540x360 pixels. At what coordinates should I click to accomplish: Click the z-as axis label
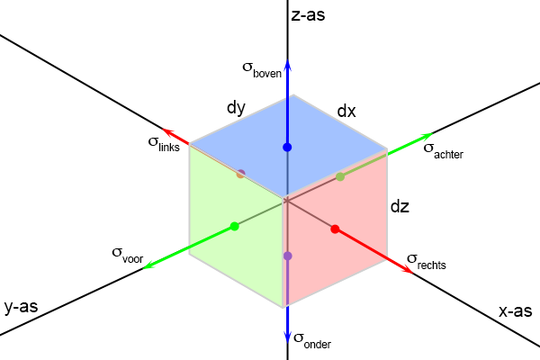(x=308, y=15)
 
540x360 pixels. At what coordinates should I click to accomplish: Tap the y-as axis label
(x=21, y=307)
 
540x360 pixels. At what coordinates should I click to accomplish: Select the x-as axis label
(x=515, y=311)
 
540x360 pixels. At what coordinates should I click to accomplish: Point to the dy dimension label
(x=236, y=108)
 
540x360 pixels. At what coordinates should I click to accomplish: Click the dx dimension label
(x=346, y=111)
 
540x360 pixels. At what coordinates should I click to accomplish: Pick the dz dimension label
(x=400, y=206)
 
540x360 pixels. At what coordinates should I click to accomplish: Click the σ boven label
(x=262, y=69)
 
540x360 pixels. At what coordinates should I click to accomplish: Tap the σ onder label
(x=312, y=341)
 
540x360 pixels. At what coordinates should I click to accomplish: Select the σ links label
(x=164, y=144)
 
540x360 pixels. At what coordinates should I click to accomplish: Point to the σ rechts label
(x=427, y=262)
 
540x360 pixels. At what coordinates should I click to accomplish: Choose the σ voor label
(x=128, y=256)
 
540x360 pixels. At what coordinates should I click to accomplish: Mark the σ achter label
(x=443, y=151)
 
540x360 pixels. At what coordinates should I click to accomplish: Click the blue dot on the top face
(x=287, y=148)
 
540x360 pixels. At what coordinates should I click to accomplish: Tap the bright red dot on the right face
(x=335, y=229)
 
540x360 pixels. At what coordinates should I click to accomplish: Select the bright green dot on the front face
(x=235, y=226)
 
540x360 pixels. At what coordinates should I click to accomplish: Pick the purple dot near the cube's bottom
(x=288, y=256)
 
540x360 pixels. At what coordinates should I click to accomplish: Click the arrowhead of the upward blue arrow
(x=288, y=64)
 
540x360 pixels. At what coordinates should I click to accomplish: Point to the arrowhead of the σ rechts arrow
(x=408, y=270)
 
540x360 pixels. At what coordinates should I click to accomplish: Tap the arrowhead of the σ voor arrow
(x=148, y=266)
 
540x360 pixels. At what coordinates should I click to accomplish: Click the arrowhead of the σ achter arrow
(x=427, y=136)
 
